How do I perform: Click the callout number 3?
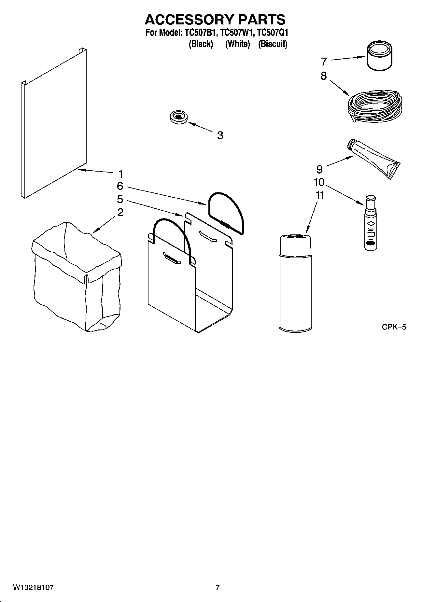pyautogui.click(x=220, y=135)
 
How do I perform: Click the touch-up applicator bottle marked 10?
pyautogui.click(x=371, y=223)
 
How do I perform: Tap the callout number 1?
pyautogui.click(x=120, y=173)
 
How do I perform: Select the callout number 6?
pyautogui.click(x=120, y=186)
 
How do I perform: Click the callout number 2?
pyautogui.click(x=120, y=213)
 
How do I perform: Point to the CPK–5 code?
pyautogui.click(x=394, y=327)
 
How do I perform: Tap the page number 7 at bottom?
pyautogui.click(x=218, y=588)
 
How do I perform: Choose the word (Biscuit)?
pyautogui.click(x=273, y=44)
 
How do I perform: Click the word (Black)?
pyautogui.click(x=201, y=44)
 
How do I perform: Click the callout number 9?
pyautogui.click(x=319, y=169)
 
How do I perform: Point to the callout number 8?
pyautogui.click(x=323, y=76)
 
